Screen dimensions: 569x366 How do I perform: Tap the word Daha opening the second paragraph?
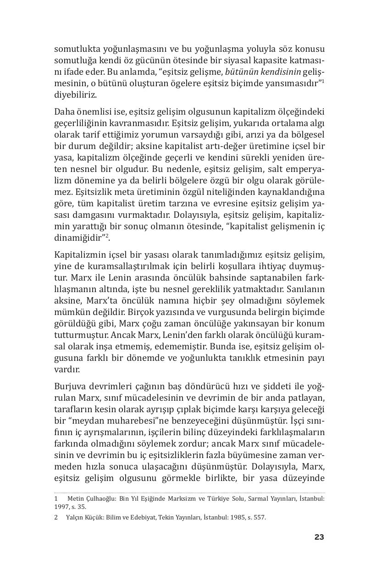coord(64,111)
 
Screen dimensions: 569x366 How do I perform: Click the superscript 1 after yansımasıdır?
coord(323,81)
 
